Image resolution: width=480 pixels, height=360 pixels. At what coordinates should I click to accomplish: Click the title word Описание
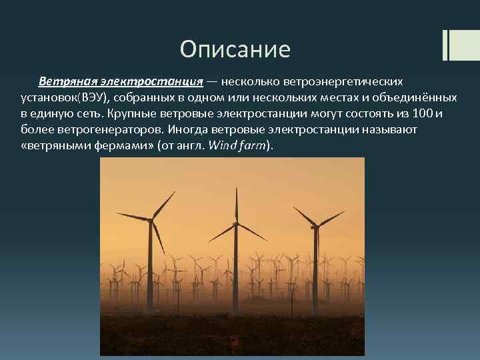click(235, 49)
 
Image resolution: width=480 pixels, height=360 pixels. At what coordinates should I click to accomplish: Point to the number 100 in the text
click(423, 113)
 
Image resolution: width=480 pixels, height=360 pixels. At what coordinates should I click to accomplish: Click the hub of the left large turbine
click(152, 219)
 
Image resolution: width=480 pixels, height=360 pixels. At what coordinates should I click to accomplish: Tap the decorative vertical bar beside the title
click(446, 44)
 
